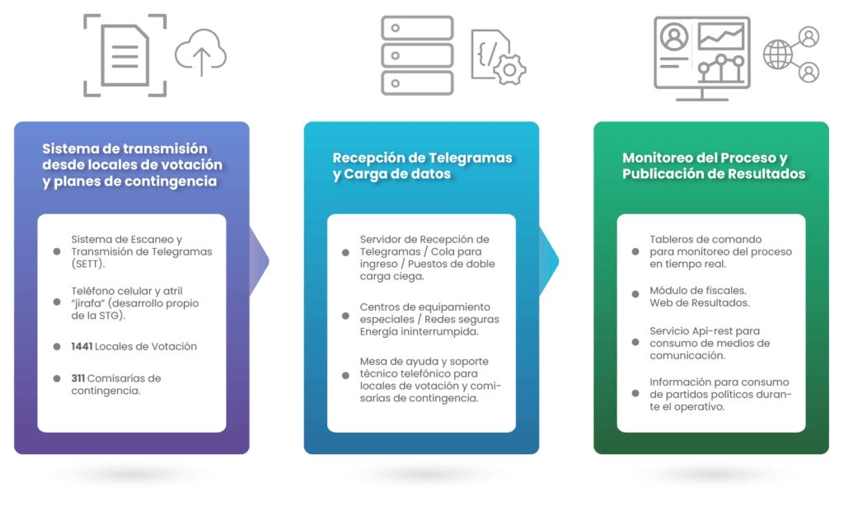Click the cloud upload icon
[201, 53]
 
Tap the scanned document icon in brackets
[125, 55]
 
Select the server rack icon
[417, 55]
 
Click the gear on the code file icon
[509, 69]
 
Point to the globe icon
[778, 54]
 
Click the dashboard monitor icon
[702, 59]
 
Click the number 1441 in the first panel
[82, 347]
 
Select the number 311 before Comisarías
[78, 378]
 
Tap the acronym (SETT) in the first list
[87, 265]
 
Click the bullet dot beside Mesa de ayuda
[345, 375]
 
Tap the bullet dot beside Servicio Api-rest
[635, 342]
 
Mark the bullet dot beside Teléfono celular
[57, 302]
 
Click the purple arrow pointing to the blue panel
[259, 261]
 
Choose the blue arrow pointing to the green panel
[548, 261]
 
